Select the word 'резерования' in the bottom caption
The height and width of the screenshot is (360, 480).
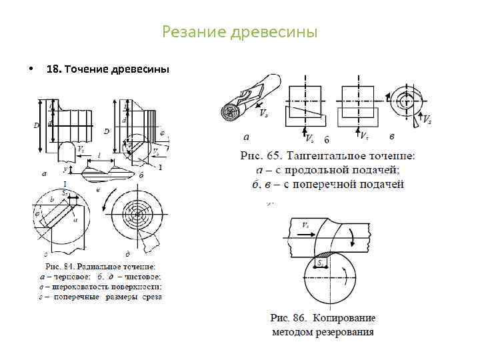pos(343,331)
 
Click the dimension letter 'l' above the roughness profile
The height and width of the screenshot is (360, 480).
pos(99,155)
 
